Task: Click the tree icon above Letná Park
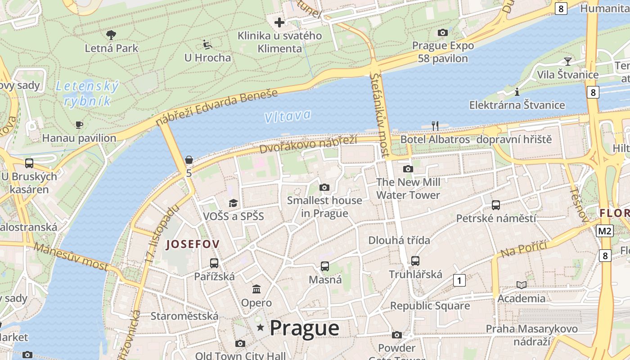[x=111, y=35]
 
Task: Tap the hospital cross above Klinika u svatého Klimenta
[x=279, y=22]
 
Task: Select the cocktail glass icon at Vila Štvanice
[x=567, y=61]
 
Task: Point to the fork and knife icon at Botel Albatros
[x=435, y=126]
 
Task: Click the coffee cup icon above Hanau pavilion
[x=79, y=125]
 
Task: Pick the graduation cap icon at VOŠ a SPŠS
[x=233, y=203]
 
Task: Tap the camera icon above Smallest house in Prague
[x=324, y=187]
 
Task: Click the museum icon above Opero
[x=256, y=289]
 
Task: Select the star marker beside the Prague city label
[x=260, y=328]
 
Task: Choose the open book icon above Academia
[x=521, y=285]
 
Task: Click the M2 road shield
[x=605, y=231]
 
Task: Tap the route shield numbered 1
[x=459, y=281]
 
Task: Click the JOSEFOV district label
[x=193, y=244]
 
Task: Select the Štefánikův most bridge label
[x=380, y=115]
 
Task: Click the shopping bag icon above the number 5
[x=189, y=160]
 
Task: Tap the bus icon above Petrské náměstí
[x=495, y=205]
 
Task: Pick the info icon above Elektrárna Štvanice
[x=517, y=92]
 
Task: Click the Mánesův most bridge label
[x=71, y=256]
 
